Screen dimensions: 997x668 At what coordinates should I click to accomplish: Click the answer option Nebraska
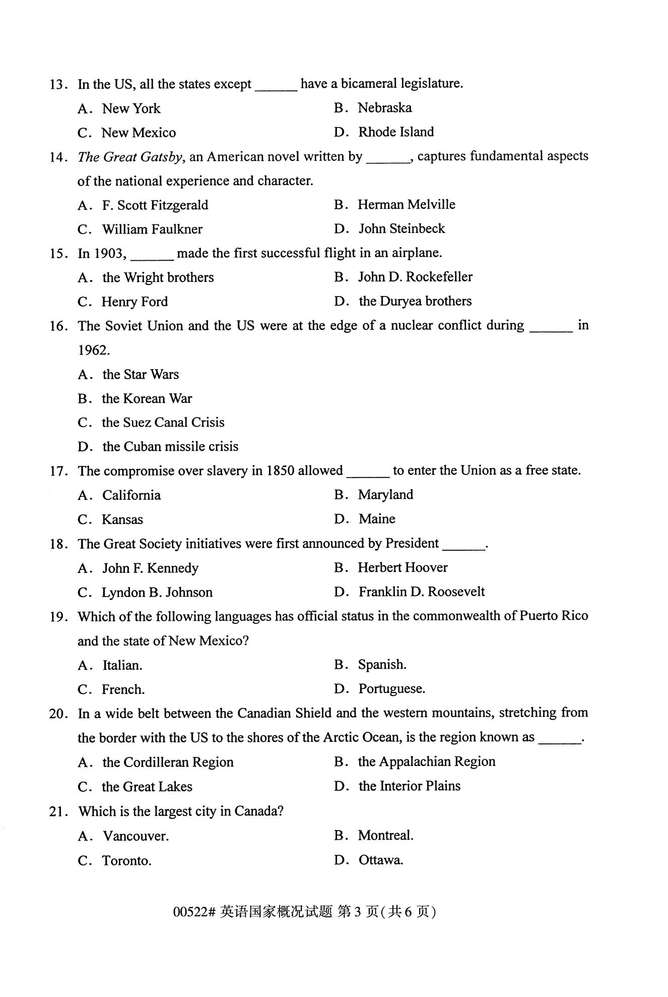[384, 108]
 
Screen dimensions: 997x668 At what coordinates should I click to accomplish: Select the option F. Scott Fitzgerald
[155, 205]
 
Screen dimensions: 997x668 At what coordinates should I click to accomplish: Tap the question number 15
[58, 253]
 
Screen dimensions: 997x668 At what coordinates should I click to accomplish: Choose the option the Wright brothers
[158, 277]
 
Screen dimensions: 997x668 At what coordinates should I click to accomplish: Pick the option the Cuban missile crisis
[170, 447]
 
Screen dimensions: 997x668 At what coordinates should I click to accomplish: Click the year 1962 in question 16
[93, 350]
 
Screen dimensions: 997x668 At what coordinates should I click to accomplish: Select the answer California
[131, 495]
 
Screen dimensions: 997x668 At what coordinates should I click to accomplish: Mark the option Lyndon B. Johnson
[157, 592]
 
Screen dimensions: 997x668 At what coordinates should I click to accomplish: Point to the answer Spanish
[382, 665]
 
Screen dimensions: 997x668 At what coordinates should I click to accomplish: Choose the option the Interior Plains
[409, 786]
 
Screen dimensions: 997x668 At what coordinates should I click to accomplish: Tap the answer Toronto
[126, 860]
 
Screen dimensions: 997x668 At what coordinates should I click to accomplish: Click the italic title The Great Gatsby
[130, 157]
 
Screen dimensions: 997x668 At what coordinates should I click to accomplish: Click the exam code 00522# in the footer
[194, 911]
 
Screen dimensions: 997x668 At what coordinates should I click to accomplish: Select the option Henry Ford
[135, 302]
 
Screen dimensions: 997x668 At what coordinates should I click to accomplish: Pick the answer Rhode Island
[395, 132]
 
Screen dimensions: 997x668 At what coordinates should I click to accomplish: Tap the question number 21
[58, 811]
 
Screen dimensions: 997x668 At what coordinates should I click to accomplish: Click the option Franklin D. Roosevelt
[421, 592]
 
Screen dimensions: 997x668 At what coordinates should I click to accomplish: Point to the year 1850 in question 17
[280, 471]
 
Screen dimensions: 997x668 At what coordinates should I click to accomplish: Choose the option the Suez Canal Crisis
[163, 423]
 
